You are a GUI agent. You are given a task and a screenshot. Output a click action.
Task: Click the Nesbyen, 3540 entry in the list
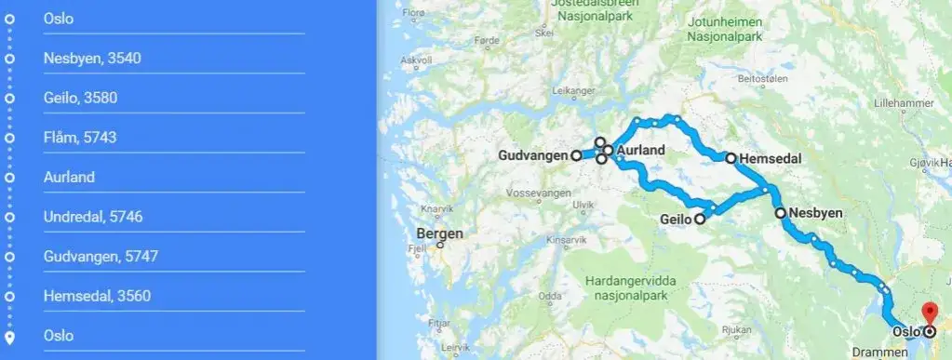92,59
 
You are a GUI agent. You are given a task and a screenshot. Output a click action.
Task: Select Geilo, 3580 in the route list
80,98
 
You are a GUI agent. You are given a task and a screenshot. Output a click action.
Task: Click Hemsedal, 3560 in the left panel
97,296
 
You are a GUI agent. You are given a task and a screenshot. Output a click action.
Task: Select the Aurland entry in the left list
69,177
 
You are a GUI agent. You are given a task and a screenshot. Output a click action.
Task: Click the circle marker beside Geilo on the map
699,220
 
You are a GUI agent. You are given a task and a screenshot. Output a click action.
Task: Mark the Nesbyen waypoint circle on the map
781,213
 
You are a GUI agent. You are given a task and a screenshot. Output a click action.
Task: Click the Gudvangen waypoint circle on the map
576,155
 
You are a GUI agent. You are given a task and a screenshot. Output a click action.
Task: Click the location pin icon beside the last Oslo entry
9,336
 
